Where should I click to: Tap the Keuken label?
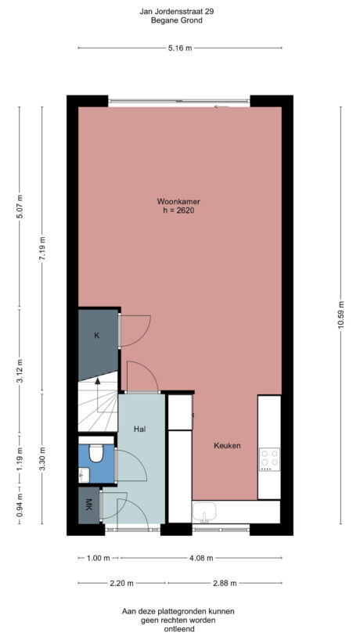(x=227, y=446)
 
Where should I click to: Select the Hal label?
(x=140, y=429)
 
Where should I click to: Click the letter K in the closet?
(x=97, y=336)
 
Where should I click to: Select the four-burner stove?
(x=269, y=458)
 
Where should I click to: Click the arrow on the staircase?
(x=97, y=383)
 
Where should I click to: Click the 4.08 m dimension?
(x=199, y=558)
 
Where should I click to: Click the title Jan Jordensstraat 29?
(x=177, y=11)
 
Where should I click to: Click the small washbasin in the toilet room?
(x=82, y=473)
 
